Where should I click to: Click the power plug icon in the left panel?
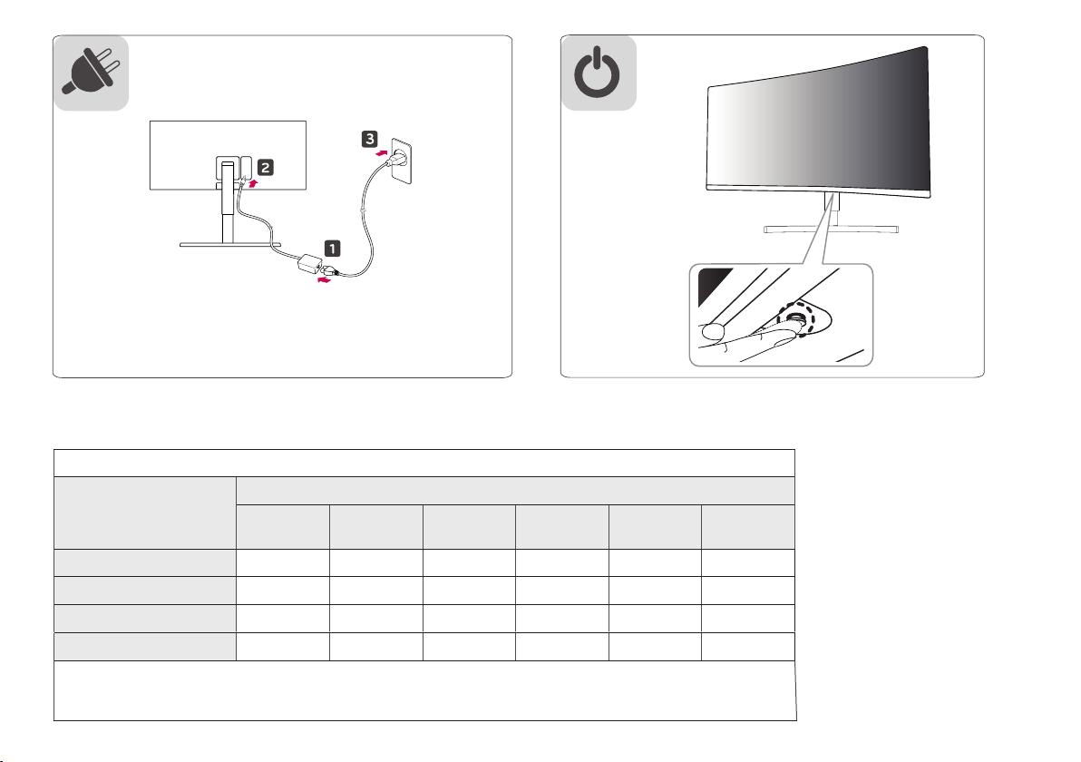tap(91, 73)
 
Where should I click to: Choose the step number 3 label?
tap(370, 140)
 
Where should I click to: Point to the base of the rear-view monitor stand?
tap(226, 244)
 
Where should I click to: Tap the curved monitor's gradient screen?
tap(816, 118)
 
